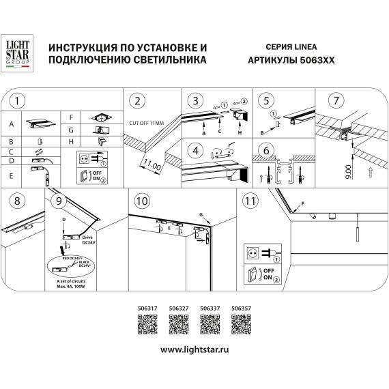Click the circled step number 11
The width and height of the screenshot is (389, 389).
[x=250, y=201]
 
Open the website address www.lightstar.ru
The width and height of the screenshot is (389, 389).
[x=194, y=349]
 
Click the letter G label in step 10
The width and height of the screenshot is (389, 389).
[x=202, y=215]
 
